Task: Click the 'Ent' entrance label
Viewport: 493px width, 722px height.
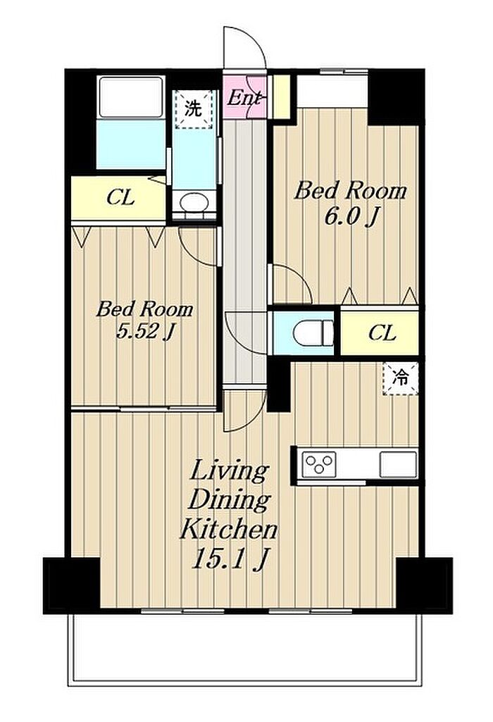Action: point(245,98)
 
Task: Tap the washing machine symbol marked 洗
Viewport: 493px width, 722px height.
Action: point(194,109)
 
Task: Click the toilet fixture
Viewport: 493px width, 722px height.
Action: point(313,332)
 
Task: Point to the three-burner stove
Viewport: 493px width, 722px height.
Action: point(318,463)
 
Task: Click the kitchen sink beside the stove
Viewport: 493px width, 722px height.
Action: point(398,465)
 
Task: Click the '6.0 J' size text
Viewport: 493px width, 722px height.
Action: point(351,216)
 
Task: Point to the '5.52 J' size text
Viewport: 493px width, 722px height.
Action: point(144,331)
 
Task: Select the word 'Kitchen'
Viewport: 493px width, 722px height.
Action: point(228,529)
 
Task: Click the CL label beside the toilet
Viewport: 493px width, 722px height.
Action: point(382,332)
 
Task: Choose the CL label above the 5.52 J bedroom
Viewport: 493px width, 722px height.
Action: point(120,198)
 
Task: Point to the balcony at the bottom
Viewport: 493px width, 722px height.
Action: point(244,649)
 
